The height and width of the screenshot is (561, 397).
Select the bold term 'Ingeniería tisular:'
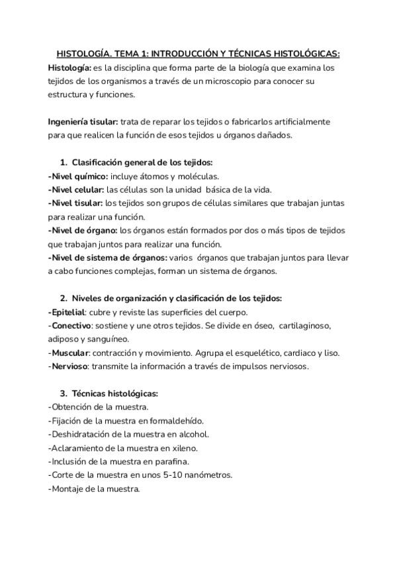click(x=83, y=122)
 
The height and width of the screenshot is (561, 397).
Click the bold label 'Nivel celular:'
click(x=76, y=190)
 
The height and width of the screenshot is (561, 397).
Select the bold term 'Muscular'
click(x=69, y=353)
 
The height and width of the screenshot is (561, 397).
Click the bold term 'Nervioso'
click(x=69, y=366)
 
